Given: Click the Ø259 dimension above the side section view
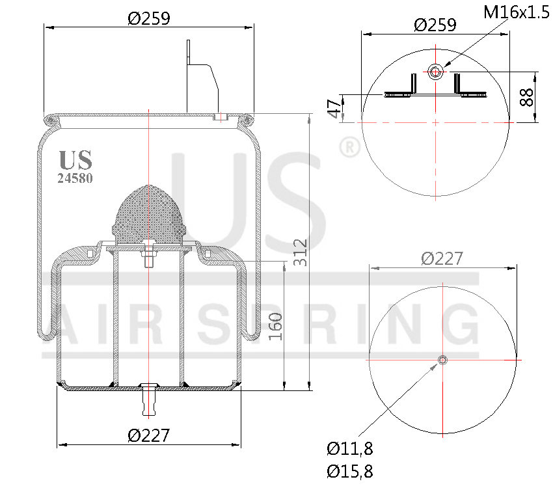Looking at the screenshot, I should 149,18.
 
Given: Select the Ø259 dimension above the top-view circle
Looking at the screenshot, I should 435,25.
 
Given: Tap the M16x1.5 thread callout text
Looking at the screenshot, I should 517,12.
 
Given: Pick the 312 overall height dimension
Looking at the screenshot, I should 300,252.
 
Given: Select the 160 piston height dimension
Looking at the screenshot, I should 275,326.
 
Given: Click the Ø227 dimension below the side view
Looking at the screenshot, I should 149,435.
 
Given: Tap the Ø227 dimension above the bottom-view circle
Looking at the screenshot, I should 442,258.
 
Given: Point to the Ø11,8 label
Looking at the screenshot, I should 349,448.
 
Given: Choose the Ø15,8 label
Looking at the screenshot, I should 349,470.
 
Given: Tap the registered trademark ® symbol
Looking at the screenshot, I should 349,147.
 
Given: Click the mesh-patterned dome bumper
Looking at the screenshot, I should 149,211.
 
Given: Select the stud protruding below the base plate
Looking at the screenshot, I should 149,400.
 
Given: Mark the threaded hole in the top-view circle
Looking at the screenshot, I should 435,72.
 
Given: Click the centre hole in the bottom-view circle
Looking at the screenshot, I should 442,360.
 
